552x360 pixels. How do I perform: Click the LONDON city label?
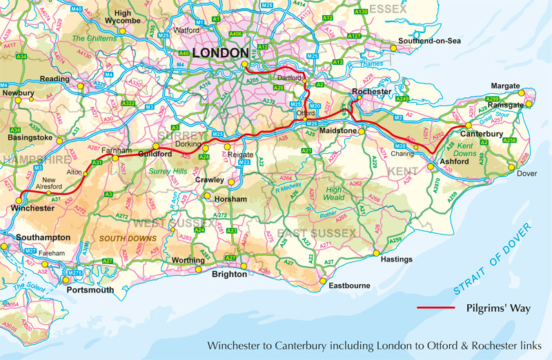(x=220, y=53)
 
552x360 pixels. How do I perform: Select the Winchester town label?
(x=33, y=208)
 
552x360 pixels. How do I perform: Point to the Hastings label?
(x=395, y=259)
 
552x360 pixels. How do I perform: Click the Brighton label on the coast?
(x=229, y=273)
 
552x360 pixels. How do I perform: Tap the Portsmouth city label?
(x=90, y=290)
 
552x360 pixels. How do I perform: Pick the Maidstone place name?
(x=337, y=130)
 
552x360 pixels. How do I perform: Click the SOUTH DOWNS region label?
(x=123, y=239)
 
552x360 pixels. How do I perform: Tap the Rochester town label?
(x=371, y=92)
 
